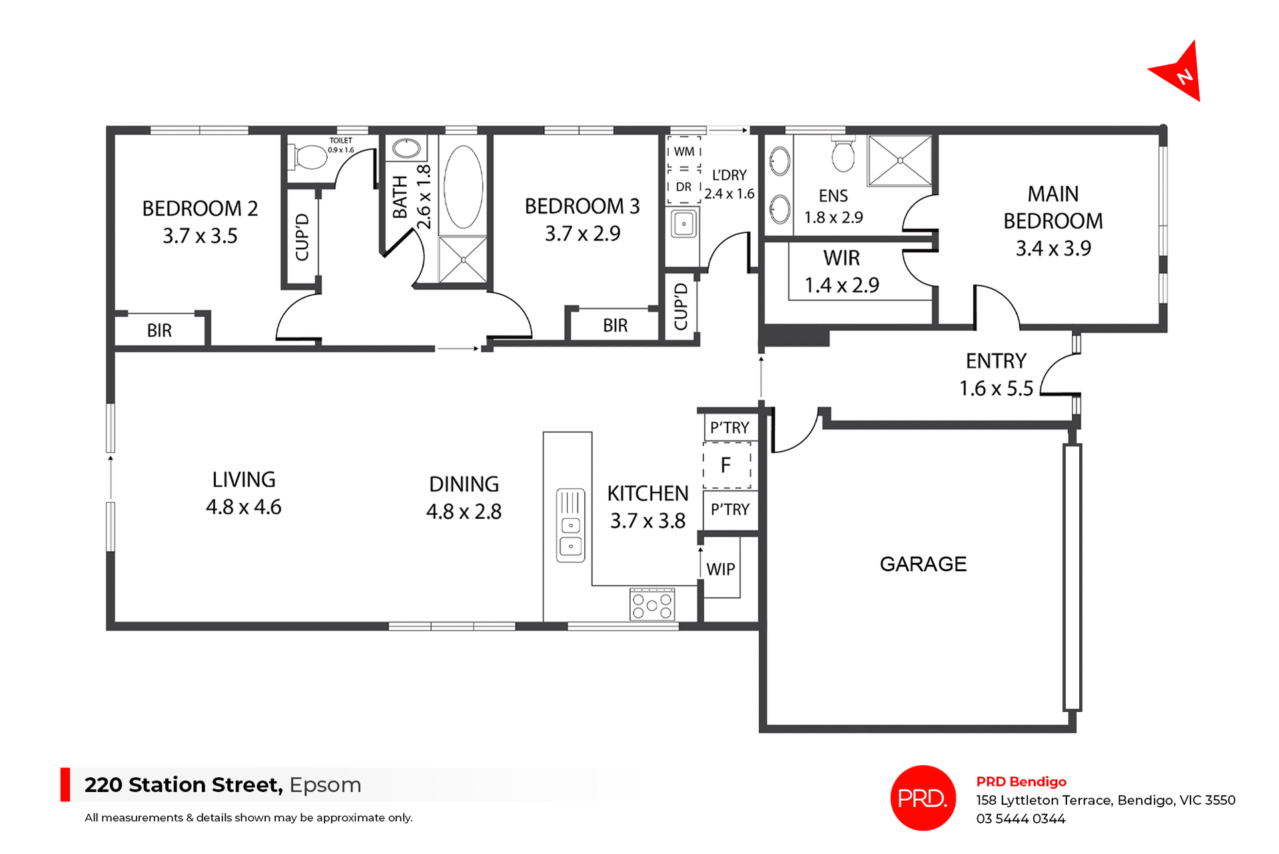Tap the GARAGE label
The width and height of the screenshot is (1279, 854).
pyautogui.click(x=923, y=564)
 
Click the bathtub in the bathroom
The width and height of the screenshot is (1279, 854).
pyautogui.click(x=464, y=187)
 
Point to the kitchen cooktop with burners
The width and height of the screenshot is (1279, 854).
pyautogui.click(x=652, y=604)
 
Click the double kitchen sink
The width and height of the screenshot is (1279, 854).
pyautogui.click(x=570, y=526)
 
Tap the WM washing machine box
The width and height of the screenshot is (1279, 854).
pyautogui.click(x=684, y=151)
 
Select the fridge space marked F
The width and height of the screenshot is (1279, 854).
pyautogui.click(x=726, y=465)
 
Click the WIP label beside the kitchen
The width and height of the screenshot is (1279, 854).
pyautogui.click(x=721, y=569)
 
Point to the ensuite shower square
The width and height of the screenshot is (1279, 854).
pyautogui.click(x=899, y=161)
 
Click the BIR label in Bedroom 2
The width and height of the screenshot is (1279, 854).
pyautogui.click(x=159, y=331)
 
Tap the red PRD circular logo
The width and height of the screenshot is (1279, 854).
pyautogui.click(x=923, y=797)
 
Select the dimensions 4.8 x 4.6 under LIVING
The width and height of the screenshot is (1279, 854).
pyautogui.click(x=244, y=507)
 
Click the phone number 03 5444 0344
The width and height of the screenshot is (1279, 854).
pyautogui.click(x=1021, y=819)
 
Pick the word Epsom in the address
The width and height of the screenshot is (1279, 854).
pyautogui.click(x=325, y=785)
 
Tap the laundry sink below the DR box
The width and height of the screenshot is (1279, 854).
pyautogui.click(x=683, y=224)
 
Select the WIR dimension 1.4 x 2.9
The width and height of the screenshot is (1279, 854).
pyautogui.click(x=841, y=285)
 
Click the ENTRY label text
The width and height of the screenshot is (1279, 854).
pyautogui.click(x=996, y=361)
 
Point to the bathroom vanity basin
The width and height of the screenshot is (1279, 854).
pyautogui.click(x=406, y=148)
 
